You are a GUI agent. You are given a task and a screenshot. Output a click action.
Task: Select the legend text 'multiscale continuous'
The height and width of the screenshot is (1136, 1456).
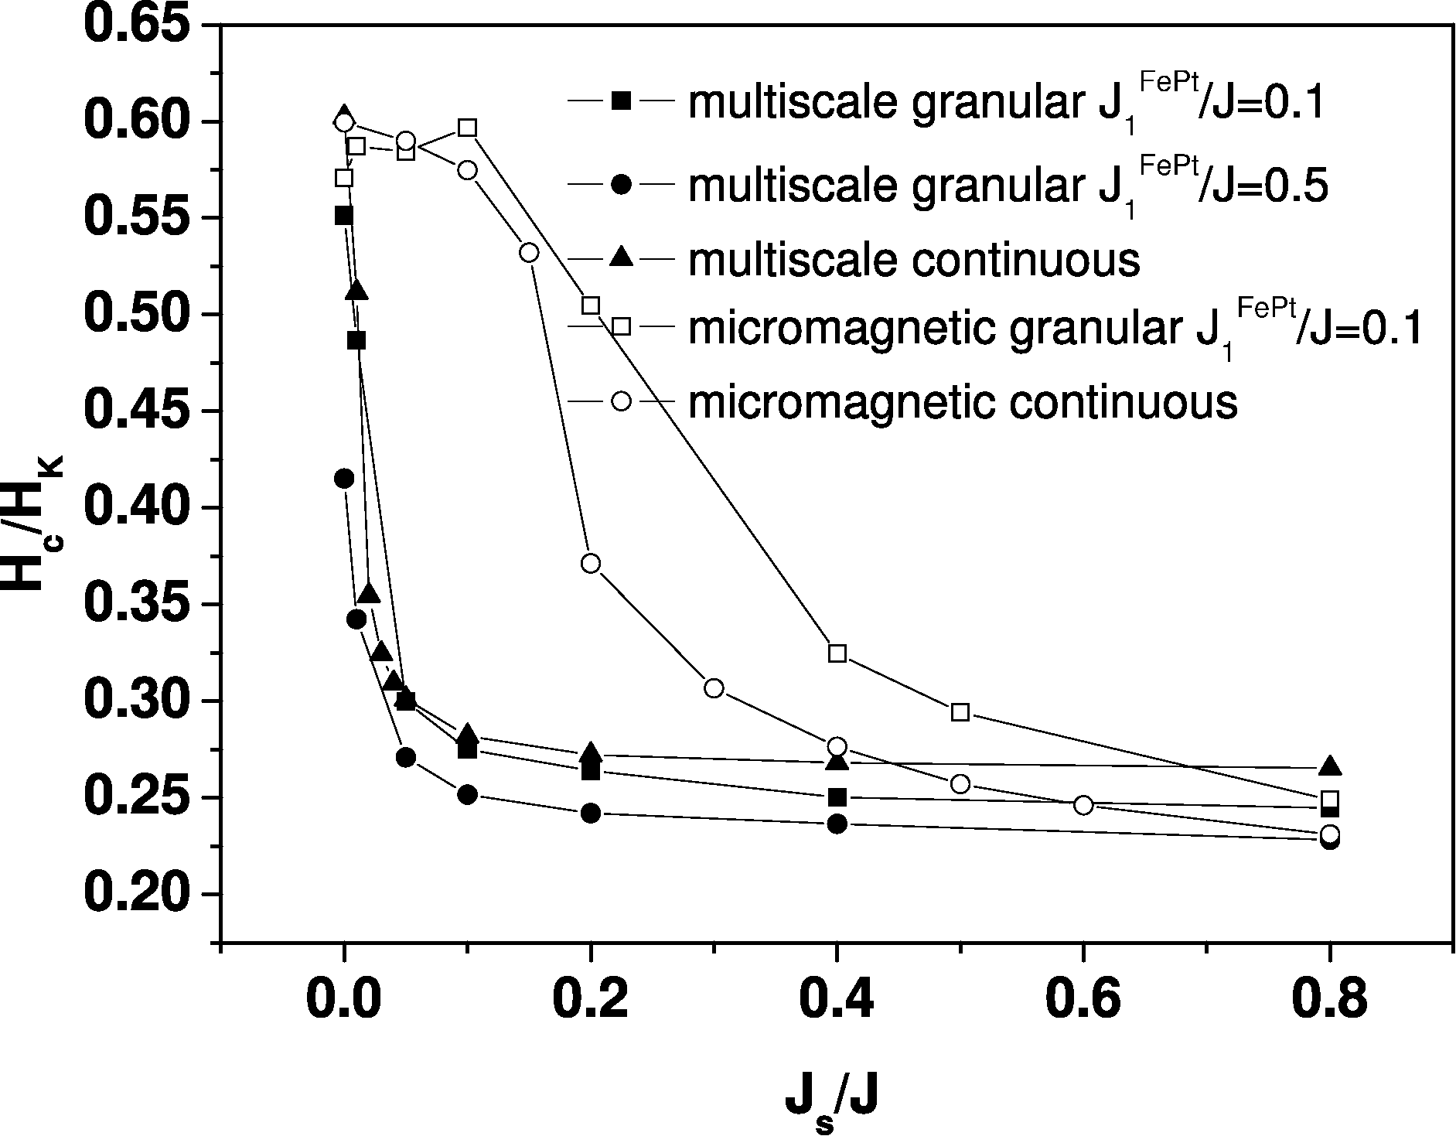pyautogui.click(x=913, y=261)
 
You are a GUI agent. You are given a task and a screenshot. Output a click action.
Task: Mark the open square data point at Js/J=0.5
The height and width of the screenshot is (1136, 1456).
pyautogui.click(x=960, y=712)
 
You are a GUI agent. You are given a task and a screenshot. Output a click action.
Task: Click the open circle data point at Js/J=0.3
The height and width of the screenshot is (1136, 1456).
pyautogui.click(x=714, y=688)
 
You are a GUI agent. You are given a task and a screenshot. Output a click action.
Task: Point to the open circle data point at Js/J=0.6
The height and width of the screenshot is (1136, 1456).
pyautogui.click(x=1083, y=805)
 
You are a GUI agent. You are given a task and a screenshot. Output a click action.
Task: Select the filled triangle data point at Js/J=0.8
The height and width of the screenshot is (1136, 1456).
pyautogui.click(x=1330, y=766)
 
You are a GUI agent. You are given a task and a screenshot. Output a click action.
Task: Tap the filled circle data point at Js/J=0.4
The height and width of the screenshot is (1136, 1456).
pyautogui.click(x=837, y=824)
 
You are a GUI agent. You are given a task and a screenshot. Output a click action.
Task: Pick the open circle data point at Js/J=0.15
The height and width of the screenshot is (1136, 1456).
pyautogui.click(x=530, y=253)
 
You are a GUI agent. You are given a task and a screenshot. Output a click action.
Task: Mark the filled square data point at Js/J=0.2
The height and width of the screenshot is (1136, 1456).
pyautogui.click(x=591, y=771)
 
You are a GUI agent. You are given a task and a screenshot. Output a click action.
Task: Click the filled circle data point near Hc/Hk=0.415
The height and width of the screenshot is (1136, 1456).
pyautogui.click(x=344, y=479)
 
